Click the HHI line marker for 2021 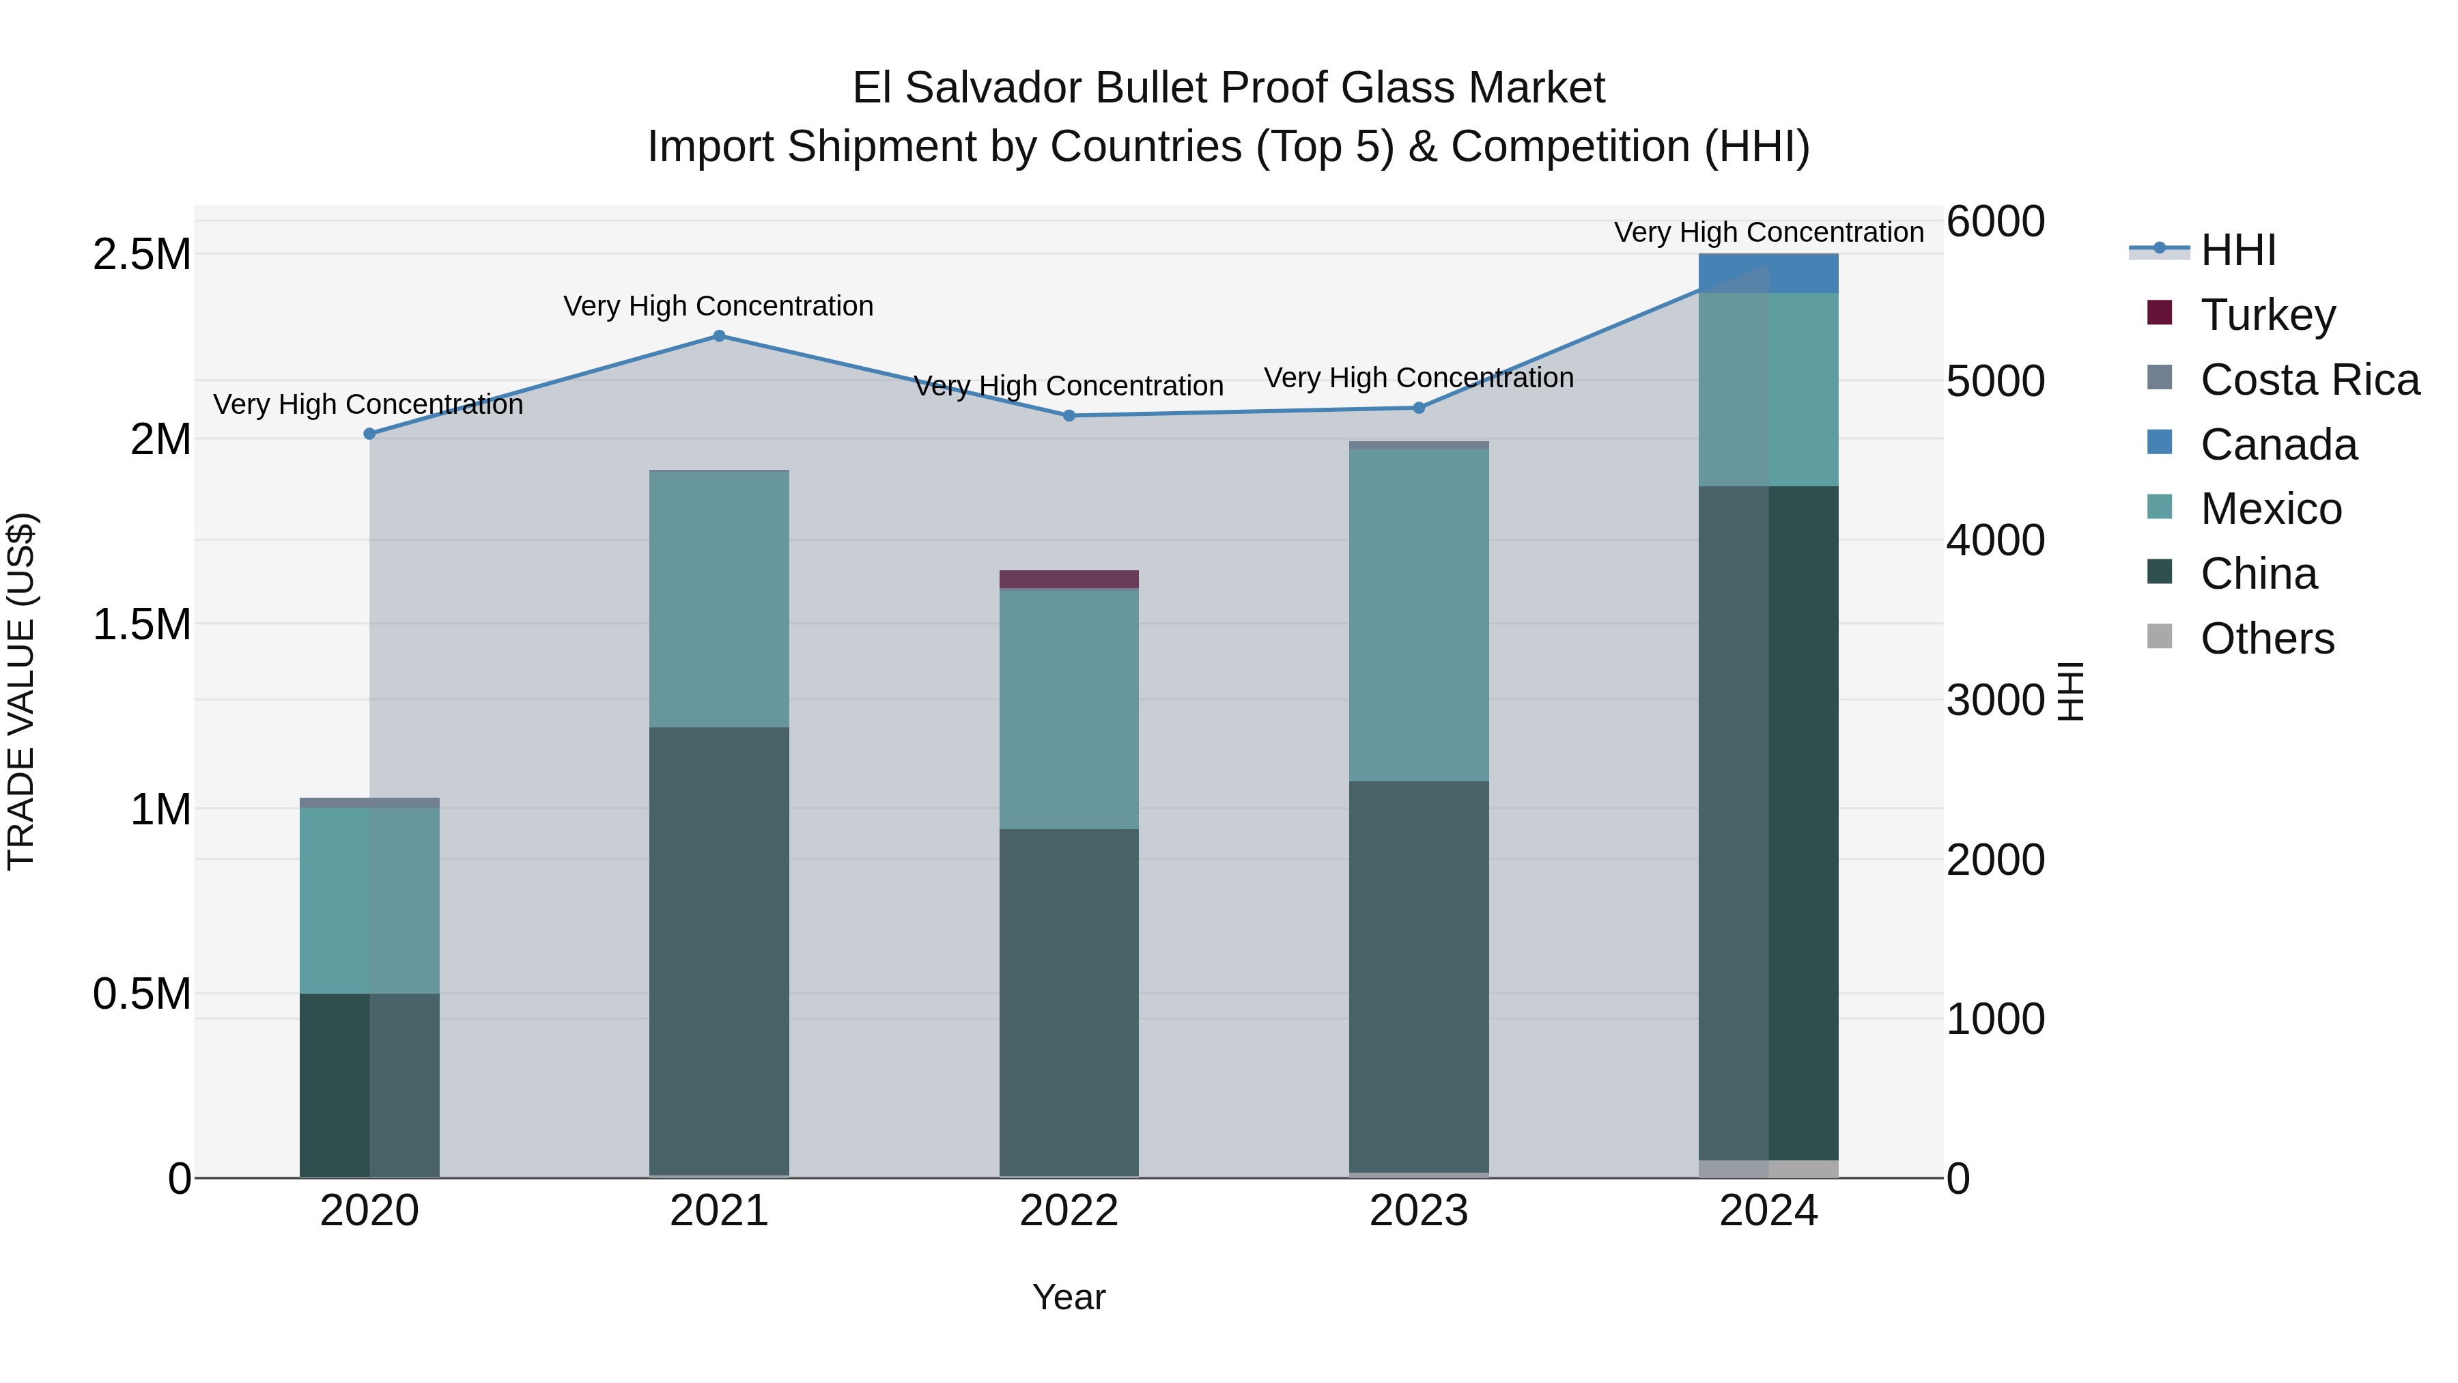click(720, 336)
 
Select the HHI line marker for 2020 click(369, 433)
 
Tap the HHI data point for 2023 click(1418, 408)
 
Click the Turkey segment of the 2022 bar click(1069, 578)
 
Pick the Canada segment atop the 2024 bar click(1768, 273)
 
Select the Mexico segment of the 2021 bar click(720, 600)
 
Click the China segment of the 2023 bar click(1418, 973)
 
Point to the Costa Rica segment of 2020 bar click(369, 802)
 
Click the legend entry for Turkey click(2267, 315)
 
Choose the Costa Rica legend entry click(2309, 380)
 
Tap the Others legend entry click(2266, 639)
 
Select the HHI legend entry click(2237, 250)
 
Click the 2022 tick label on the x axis click(1069, 1211)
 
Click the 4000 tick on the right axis click(1995, 540)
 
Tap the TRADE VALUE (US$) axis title click(21, 691)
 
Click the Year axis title click(1069, 1297)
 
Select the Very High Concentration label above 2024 click(1768, 232)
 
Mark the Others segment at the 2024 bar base click(1768, 1169)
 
